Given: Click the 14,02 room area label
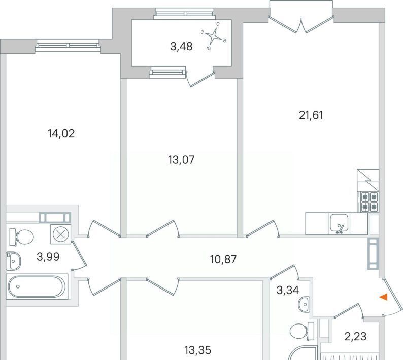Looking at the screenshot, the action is point(61,134).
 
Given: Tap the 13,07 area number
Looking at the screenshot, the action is point(181,160).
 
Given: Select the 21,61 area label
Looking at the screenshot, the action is point(311,115).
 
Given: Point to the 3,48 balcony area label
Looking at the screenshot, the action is point(181,47).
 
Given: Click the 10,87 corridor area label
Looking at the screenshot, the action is point(223,259).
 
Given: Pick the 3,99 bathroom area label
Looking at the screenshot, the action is point(48,256).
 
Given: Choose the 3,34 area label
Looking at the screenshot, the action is point(288,290).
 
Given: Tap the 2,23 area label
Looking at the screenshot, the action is point(355,336).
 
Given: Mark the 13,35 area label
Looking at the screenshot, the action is point(197,350).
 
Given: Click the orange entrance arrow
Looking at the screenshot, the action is point(384,297).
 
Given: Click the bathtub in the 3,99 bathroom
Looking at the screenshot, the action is point(37,286).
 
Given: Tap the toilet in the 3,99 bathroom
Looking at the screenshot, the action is point(21,236).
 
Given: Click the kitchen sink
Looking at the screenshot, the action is point(339,224).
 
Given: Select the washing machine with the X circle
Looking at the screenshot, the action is point(61,234).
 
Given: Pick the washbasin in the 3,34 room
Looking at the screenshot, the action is point(305,305).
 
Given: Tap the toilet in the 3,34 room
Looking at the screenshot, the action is point(301,331).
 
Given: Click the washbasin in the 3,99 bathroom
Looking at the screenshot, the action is point(13,261).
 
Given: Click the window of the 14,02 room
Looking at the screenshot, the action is point(68,45).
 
